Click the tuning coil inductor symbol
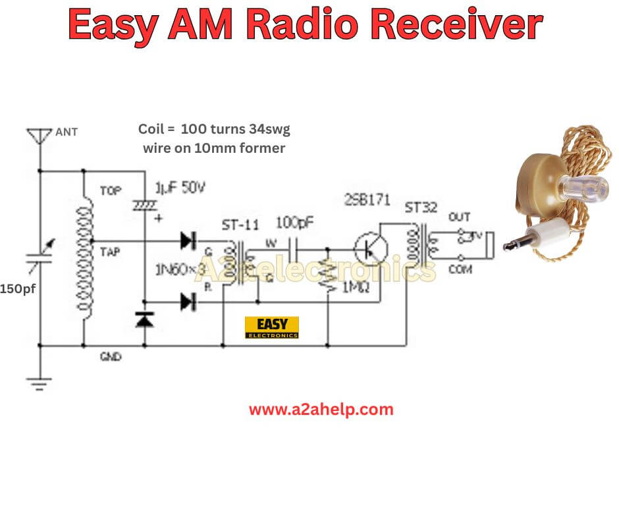pos(84,257)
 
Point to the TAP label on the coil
pos(109,251)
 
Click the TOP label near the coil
pos(110,190)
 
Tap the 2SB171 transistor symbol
pos(370,249)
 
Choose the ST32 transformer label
pos(421,208)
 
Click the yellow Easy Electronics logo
pos(271,327)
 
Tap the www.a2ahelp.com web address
pos(321,409)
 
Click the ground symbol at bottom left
pos(40,382)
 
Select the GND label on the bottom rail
pos(109,356)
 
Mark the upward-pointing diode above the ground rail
pos(144,320)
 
